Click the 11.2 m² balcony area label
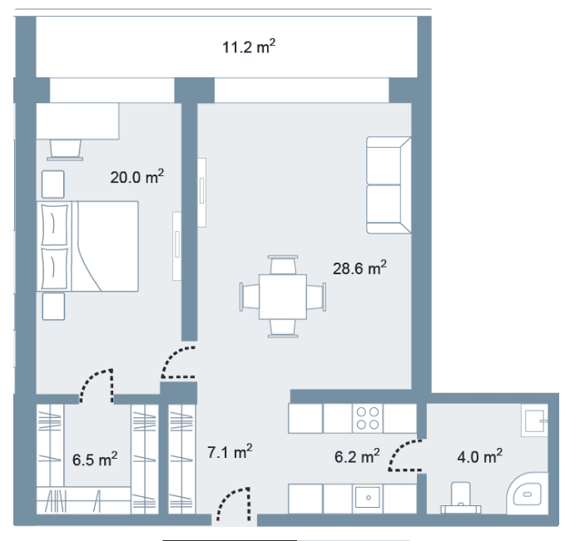point(249,47)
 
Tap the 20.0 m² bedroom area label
point(136,176)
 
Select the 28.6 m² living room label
point(359,268)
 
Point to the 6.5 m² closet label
point(95,459)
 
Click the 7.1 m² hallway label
point(230,451)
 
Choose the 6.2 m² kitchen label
point(357,456)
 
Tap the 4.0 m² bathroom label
point(480,456)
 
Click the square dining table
point(283,297)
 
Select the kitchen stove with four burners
point(368,418)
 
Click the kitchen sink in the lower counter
point(368,497)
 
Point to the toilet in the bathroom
point(461,498)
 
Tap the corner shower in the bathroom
point(527,493)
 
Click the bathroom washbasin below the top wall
point(534,421)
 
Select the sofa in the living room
point(389,185)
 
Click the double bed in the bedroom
point(87,246)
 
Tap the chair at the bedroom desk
point(65,150)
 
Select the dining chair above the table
point(283,265)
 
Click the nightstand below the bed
point(53,307)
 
